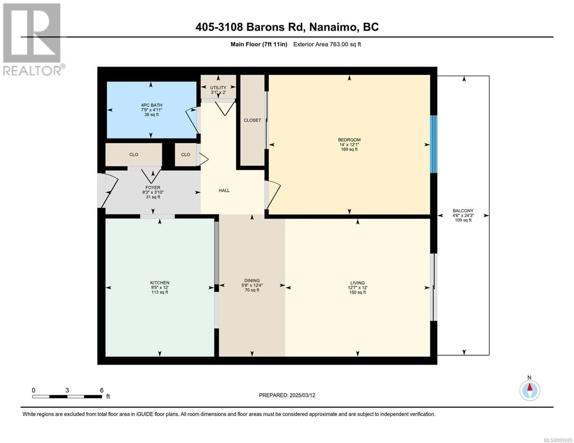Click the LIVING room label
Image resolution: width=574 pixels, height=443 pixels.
pos(357,283)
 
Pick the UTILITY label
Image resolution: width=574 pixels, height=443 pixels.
pos(218,87)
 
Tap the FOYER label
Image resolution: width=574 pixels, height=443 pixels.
pos(153,188)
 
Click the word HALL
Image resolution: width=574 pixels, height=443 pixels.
pos(224,190)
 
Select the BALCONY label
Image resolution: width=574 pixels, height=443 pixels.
pos(463,211)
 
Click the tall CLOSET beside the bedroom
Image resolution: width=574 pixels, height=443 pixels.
pos(252,120)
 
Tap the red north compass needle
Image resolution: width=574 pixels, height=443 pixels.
pos(530,387)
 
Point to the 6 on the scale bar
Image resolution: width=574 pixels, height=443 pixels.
pos(102,390)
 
